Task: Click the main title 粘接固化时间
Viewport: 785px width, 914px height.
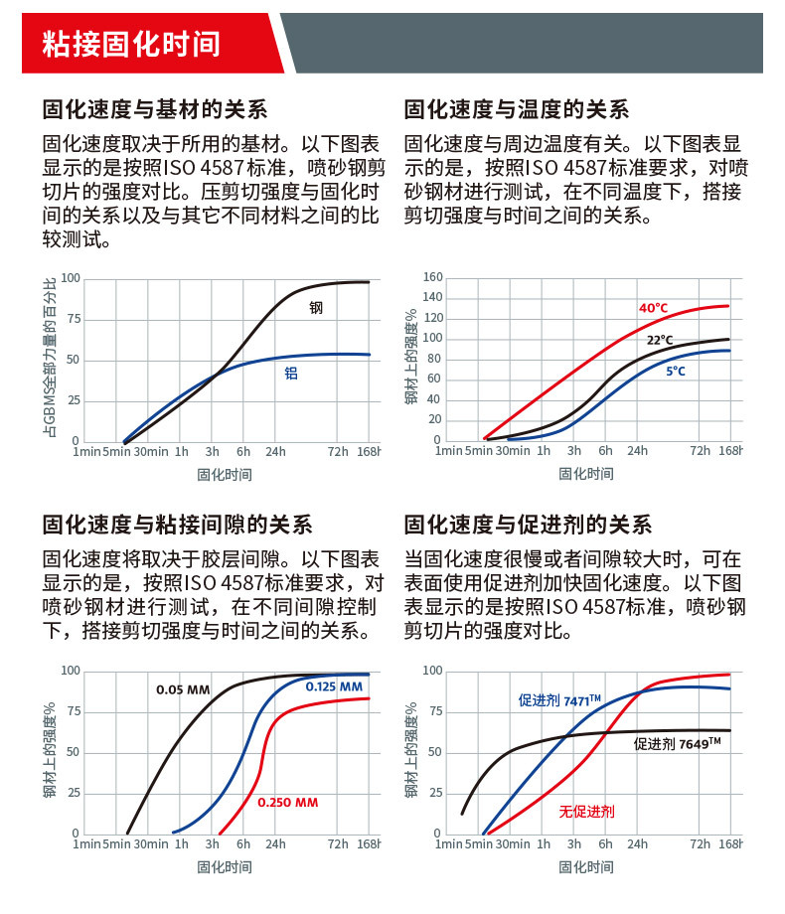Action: pos(130,45)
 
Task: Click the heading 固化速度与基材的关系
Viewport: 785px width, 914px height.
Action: pos(154,109)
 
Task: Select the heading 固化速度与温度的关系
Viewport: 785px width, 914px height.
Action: pos(517,109)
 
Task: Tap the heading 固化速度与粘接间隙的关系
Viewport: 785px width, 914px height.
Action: pos(177,525)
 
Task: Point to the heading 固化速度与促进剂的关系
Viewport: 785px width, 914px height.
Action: pos(528,525)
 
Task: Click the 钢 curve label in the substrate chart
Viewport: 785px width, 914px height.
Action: pos(316,308)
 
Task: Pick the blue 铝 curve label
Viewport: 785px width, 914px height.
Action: pos(291,375)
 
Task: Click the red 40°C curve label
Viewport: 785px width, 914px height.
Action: pos(653,308)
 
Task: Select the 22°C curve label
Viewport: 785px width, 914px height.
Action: pos(660,340)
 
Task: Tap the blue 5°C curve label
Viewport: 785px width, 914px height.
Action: pos(676,371)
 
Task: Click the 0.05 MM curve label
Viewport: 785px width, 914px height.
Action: pos(183,689)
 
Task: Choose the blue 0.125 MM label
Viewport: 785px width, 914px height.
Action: pos(334,686)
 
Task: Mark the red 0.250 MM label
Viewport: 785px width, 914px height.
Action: pos(287,802)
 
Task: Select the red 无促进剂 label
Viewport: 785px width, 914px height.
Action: pos(586,812)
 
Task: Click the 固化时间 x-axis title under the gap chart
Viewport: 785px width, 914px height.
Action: pos(225,867)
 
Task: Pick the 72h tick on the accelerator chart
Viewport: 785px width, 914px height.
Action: pos(701,845)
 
